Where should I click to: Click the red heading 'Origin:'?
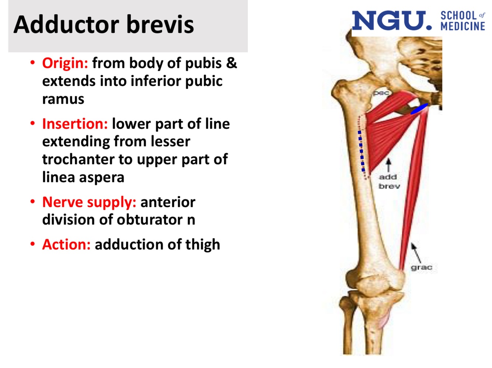(x=65, y=63)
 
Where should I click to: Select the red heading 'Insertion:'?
(x=75, y=124)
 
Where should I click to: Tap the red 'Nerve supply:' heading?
(x=89, y=202)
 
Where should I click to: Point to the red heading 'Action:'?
(x=66, y=244)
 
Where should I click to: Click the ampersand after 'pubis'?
(x=232, y=63)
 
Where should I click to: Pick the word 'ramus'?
(x=63, y=99)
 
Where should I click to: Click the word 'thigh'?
(x=202, y=244)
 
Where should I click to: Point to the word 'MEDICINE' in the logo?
(x=463, y=26)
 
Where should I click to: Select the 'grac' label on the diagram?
(x=421, y=267)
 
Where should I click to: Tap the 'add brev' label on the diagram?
(x=389, y=182)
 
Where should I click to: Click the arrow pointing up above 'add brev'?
(x=388, y=165)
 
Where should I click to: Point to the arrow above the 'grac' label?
(x=416, y=252)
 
